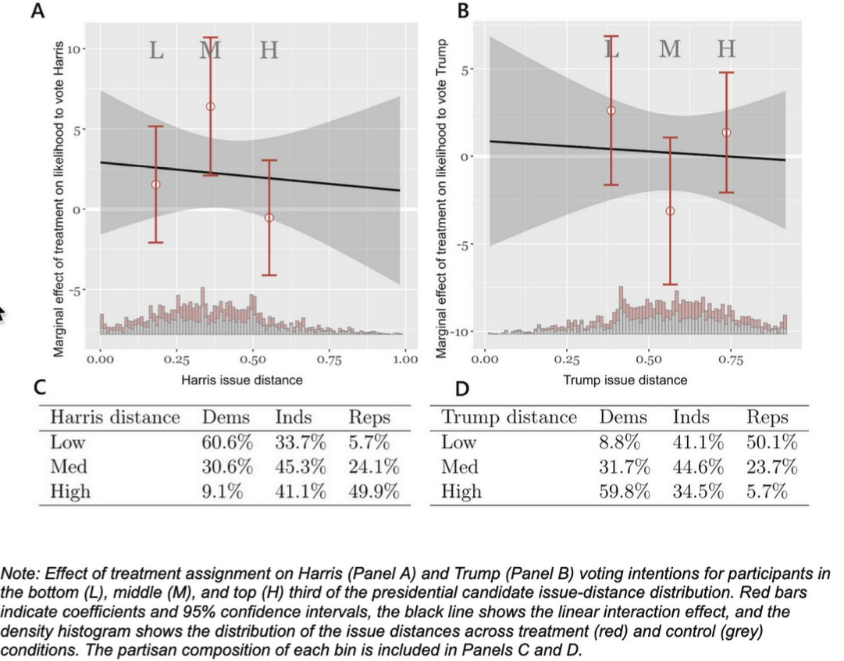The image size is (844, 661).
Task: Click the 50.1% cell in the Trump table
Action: (771, 442)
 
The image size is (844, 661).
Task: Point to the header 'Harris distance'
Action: (115, 417)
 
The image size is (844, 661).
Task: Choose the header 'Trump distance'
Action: (509, 417)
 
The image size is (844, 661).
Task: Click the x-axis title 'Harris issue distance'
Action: (241, 380)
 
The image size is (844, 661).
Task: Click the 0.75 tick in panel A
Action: (329, 360)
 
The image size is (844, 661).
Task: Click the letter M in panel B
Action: (669, 49)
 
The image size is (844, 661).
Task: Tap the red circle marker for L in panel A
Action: (155, 184)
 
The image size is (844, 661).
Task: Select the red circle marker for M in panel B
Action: (669, 211)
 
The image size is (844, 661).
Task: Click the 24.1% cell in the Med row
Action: (374, 467)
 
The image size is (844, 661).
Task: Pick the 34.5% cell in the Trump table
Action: (696, 491)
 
